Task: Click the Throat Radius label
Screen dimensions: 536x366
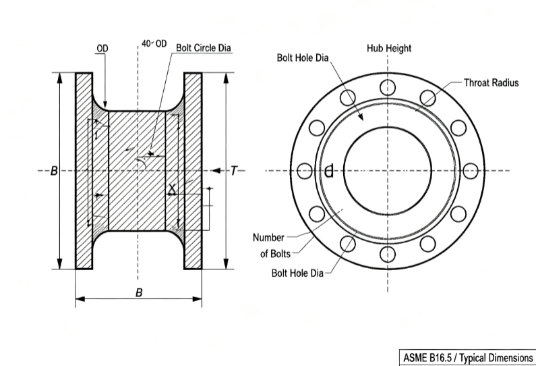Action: pyautogui.click(x=491, y=83)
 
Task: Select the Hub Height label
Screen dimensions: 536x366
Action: pyautogui.click(x=389, y=48)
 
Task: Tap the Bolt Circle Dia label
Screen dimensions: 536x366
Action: pyautogui.click(x=204, y=48)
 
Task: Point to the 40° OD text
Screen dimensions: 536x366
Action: pyautogui.click(x=154, y=44)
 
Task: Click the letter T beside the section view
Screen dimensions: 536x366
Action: pyautogui.click(x=233, y=170)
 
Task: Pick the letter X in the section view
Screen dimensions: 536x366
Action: pyautogui.click(x=173, y=188)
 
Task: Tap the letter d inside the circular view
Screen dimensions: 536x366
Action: pyautogui.click(x=329, y=171)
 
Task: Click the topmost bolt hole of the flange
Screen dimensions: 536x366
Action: pyautogui.click(x=388, y=87)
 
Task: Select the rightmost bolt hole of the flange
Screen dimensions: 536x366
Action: pyautogui.click(x=471, y=171)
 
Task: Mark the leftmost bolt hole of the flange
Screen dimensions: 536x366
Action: pyautogui.click(x=305, y=171)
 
